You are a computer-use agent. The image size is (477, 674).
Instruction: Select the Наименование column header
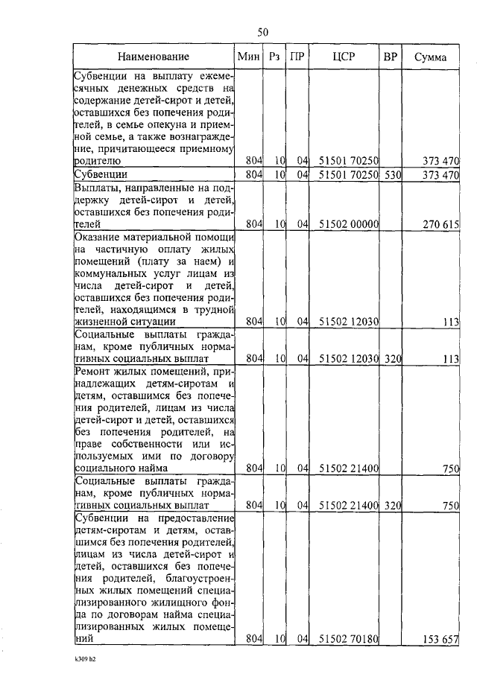pos(154,57)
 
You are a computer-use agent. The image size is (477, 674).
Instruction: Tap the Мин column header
pos(247,57)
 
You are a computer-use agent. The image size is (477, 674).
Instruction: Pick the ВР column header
pos(390,57)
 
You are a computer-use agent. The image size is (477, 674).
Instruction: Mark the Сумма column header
pos(432,57)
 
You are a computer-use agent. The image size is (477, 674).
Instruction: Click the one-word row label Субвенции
pos(100,174)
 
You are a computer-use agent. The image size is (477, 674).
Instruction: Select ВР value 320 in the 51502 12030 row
pos(393,358)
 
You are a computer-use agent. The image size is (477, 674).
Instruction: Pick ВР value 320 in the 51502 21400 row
pos(393,505)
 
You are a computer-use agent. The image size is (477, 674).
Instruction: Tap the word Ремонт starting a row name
pos(95,370)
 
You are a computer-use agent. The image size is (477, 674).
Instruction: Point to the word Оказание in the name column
pos(99,236)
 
